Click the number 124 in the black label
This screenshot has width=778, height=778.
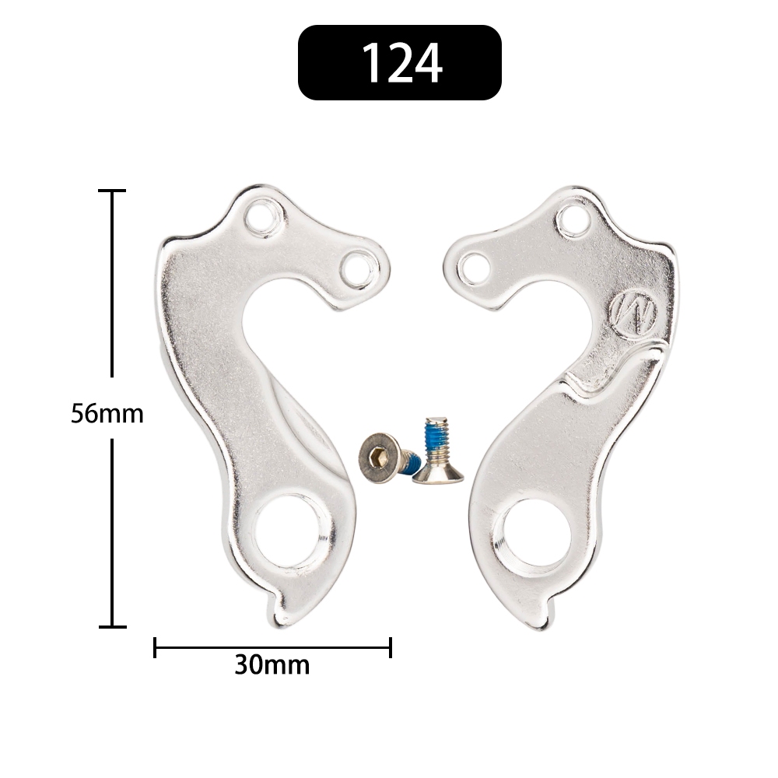[x=402, y=63]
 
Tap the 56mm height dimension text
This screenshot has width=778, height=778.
[x=107, y=413]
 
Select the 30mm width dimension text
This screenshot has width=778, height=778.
[x=272, y=665]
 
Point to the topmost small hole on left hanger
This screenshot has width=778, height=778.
[x=264, y=218]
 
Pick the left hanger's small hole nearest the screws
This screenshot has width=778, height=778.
[x=359, y=268]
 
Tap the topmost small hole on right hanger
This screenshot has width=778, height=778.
[x=573, y=219]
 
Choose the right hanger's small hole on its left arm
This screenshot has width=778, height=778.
[x=474, y=269]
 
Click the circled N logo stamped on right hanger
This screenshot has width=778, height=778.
[x=633, y=314]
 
